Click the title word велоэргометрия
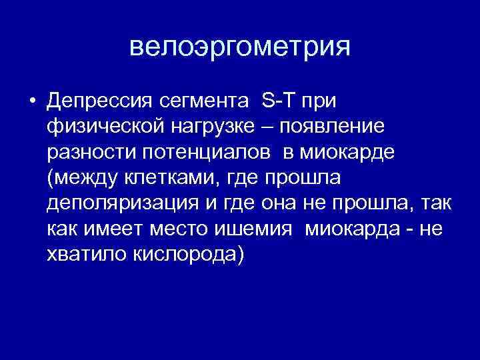tap(239, 47)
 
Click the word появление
tap(333, 127)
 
